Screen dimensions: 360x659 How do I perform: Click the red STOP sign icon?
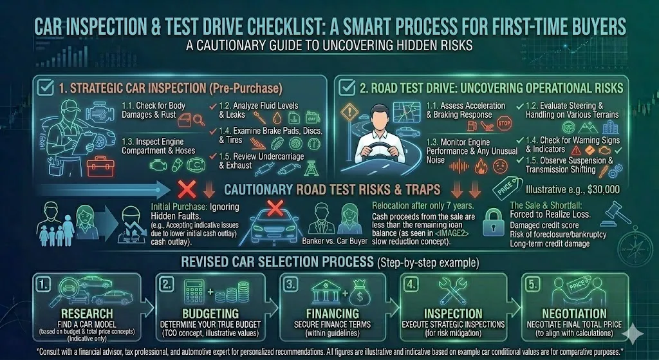(x=504, y=122)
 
